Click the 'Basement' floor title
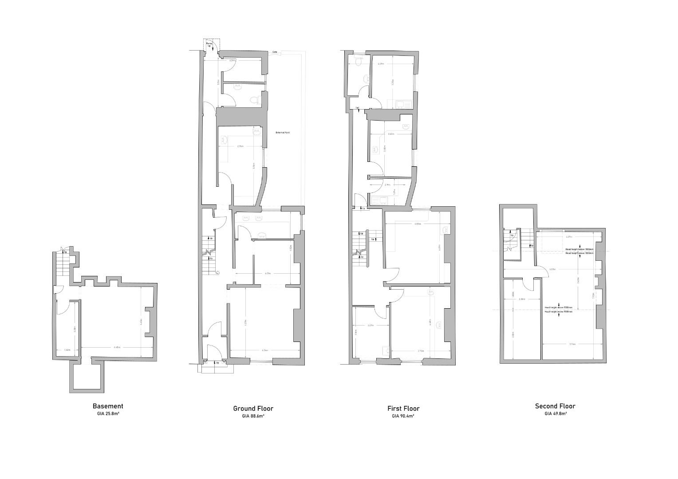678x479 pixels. click(108, 406)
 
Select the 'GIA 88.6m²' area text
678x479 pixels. click(253, 416)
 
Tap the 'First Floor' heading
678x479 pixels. click(403, 408)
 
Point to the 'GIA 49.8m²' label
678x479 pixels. click(556, 413)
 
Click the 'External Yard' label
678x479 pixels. click(283, 133)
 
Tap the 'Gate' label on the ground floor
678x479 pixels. click(275, 52)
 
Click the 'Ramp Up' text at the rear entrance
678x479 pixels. click(209, 45)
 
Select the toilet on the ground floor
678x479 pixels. click(253, 100)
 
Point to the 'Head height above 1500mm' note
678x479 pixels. click(558, 307)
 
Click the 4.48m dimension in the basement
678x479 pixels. click(116, 347)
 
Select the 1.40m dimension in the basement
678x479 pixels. click(67, 350)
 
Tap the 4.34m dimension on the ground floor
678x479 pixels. click(265, 350)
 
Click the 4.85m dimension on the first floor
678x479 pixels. click(418, 224)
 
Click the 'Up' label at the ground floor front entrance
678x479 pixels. click(217, 363)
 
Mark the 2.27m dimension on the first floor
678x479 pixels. click(371, 326)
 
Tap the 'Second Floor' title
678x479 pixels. click(555, 406)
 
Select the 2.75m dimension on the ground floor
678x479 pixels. click(240, 146)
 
